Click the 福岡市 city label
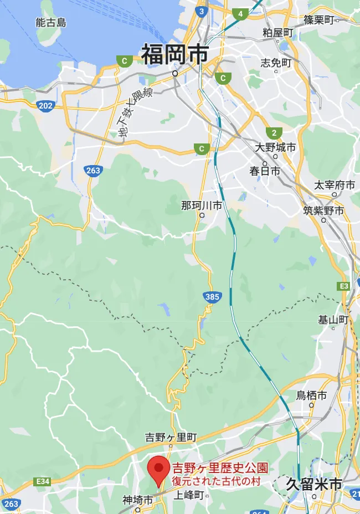[174, 55]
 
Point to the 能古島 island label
[51, 23]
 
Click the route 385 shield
[212, 297]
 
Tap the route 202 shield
[45, 105]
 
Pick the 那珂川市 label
[202, 205]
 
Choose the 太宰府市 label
[335, 185]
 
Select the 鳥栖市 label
[311, 395]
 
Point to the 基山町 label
[333, 320]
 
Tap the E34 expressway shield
[42, 481]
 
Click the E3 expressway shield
[344, 286]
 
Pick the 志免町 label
[276, 63]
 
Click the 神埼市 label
[138, 500]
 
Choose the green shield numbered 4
[240, 14]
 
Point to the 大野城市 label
[275, 147]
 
